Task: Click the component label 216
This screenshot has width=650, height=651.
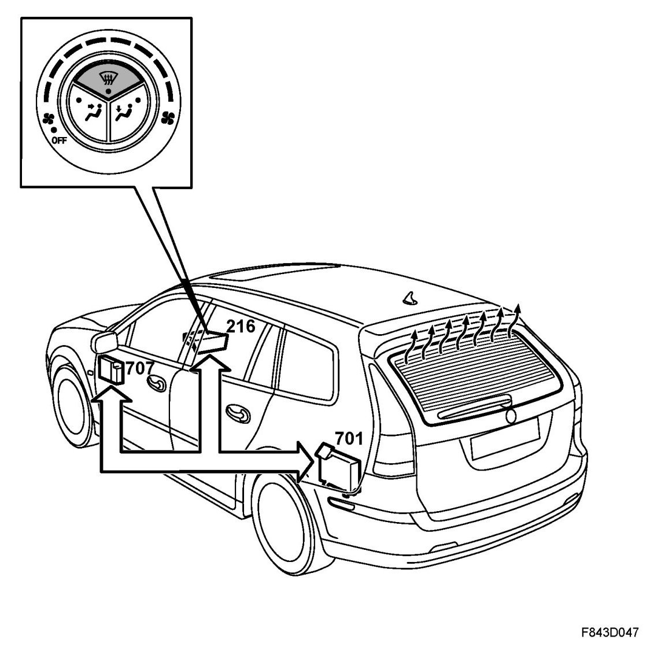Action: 241,327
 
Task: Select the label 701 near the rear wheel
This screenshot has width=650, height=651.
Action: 349,439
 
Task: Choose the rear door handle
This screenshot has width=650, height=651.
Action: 237,411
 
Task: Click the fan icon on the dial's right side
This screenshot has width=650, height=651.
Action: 168,117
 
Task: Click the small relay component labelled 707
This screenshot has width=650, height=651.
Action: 110,370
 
